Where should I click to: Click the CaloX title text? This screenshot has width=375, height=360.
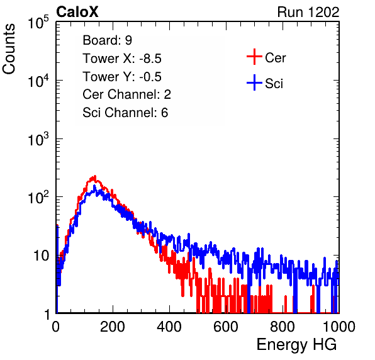pos(77,12)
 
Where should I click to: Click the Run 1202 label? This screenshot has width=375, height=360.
pos(308,12)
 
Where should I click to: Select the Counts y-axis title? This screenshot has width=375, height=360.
pos(9,49)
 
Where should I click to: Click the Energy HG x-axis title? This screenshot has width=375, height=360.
pos(296,345)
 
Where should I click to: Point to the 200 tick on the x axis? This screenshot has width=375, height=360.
pos(113,327)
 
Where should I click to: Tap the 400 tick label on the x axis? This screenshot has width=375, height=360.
pos(169,327)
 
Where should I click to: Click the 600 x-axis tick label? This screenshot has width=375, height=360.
pos(226,327)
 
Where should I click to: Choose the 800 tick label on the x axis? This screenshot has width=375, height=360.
pos(283,327)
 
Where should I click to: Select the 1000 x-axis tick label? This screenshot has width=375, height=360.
pos(339,327)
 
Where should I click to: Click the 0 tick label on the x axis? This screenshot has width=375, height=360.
pos(56,327)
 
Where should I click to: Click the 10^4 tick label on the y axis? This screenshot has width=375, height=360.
pos(38,81)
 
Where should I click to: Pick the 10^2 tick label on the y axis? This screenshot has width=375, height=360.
pos(38,197)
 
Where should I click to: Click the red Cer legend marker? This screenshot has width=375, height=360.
pos(254,57)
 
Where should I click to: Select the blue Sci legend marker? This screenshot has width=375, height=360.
pos(254,82)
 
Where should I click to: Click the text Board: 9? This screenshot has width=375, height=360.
pos(107,40)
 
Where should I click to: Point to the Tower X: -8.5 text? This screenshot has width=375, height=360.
pos(122,59)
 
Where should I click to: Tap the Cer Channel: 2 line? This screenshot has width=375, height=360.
pos(126,94)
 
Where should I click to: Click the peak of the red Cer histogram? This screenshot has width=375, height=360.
pos(95,176)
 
